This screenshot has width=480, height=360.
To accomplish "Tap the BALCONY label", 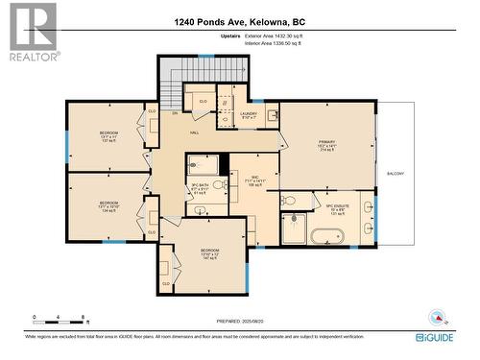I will pyautogui.click(x=396, y=174).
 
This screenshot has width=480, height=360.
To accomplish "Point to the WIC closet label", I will pyautogui.click(x=255, y=180).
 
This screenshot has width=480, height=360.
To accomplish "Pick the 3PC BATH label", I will pyautogui.click(x=200, y=187).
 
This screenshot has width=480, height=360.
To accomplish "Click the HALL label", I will pyautogui.click(x=194, y=132).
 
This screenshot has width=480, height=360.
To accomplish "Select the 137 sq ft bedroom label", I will pyautogui.click(x=108, y=135).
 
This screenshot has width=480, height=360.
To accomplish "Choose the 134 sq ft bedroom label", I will pyautogui.click(x=108, y=206).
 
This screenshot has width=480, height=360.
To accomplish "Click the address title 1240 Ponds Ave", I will pyautogui.click(x=240, y=21).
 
